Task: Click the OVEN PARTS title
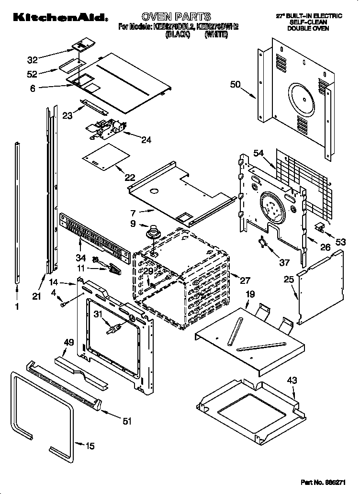click(x=176, y=17)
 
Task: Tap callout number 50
click(x=235, y=85)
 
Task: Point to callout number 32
click(x=33, y=60)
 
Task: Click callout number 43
click(x=292, y=381)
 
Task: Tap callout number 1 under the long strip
click(x=18, y=307)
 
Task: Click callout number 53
click(x=340, y=242)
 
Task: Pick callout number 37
click(x=285, y=262)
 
